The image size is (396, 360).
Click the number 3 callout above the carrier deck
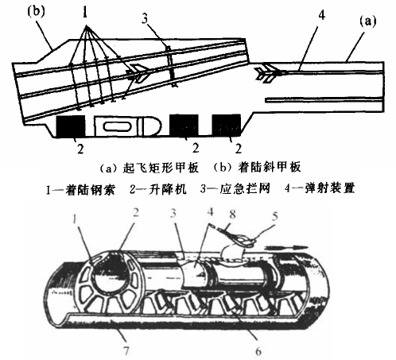point(145,19)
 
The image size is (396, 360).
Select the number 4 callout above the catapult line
point(321,15)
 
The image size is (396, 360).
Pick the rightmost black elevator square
point(227,125)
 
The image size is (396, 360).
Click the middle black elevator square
point(184,125)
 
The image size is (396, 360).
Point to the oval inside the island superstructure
point(117,126)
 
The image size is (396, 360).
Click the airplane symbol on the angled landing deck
point(138,73)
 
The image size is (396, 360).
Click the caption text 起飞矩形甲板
point(161,168)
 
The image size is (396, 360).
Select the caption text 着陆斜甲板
point(270,167)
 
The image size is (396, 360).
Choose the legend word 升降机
point(167,189)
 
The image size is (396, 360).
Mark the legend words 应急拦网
point(245,188)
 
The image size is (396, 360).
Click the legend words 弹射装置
point(329,188)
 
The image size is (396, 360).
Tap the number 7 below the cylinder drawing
point(126,350)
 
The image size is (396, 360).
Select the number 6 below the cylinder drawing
point(258,351)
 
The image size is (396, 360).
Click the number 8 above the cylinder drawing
point(232,215)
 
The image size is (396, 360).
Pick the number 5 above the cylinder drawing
point(275,216)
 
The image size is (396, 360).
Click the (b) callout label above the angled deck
point(37,12)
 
